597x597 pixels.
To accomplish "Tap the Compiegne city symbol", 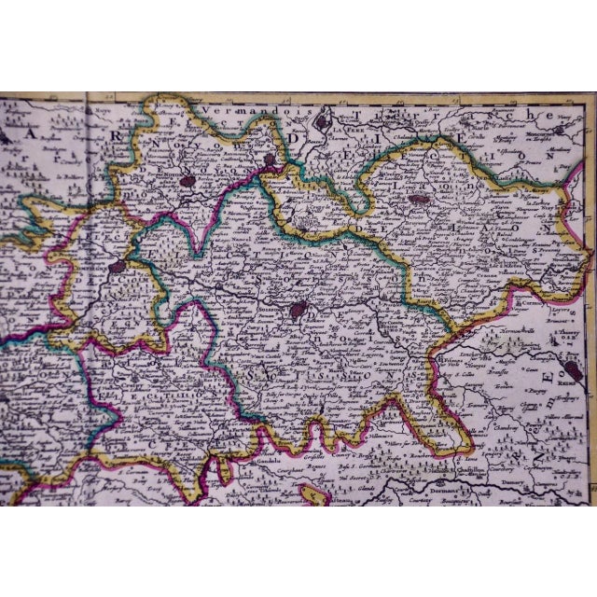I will coord(116,267).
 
